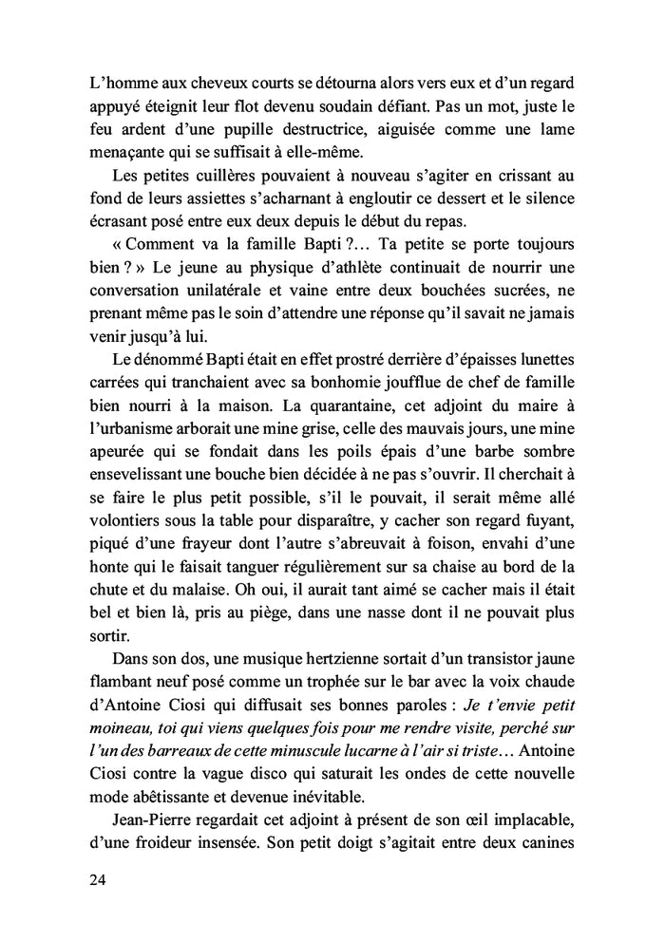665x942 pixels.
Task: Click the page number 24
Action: (x=91, y=879)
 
